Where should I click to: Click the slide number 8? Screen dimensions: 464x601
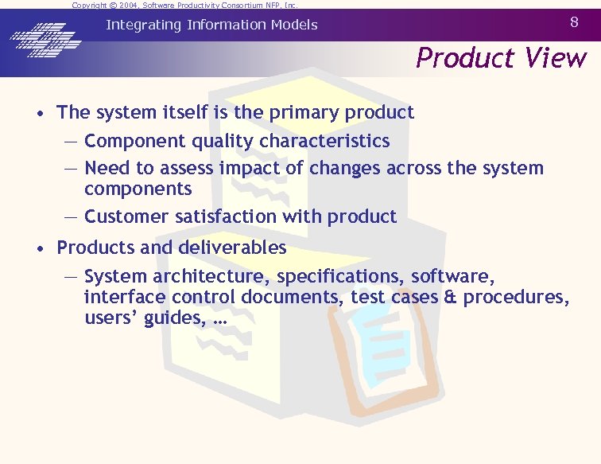[575, 23]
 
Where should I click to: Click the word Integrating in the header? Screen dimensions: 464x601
[144, 25]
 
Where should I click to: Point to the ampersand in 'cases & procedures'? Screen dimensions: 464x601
[452, 298]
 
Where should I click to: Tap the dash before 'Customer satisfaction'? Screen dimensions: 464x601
[71, 216]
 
